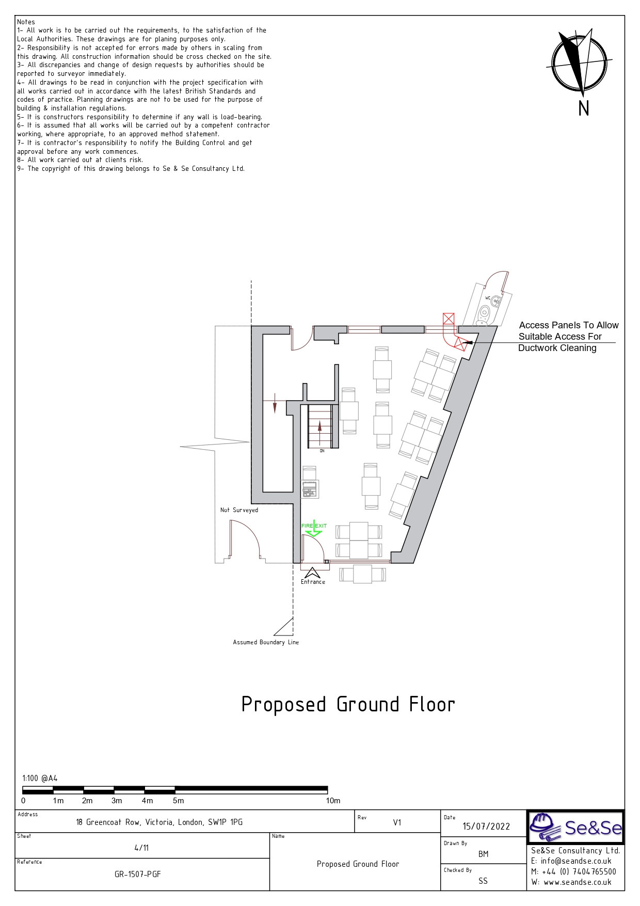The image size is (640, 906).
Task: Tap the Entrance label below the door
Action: tap(313, 582)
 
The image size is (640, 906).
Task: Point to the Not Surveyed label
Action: tap(239, 510)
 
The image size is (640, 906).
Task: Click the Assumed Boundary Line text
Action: tap(266, 642)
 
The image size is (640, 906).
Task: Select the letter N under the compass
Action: tap(584, 108)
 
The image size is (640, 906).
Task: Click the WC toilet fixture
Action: tap(485, 312)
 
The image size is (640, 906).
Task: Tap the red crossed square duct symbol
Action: tap(449, 319)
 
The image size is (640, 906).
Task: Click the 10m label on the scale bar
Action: tap(333, 801)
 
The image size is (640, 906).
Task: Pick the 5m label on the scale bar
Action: tap(178, 801)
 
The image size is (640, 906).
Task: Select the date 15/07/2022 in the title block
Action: tap(486, 826)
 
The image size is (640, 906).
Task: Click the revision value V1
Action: tap(397, 822)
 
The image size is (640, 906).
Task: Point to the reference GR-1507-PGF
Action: tap(138, 875)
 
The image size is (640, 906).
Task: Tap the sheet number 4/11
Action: tap(141, 848)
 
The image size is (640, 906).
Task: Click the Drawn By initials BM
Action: tap(483, 854)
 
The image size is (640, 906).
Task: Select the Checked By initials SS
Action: tap(483, 881)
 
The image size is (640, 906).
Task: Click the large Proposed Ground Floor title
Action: tap(348, 705)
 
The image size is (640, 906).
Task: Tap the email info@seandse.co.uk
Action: tap(571, 861)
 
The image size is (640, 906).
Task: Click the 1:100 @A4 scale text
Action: tap(40, 778)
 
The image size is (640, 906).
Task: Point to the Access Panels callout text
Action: tap(568, 337)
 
